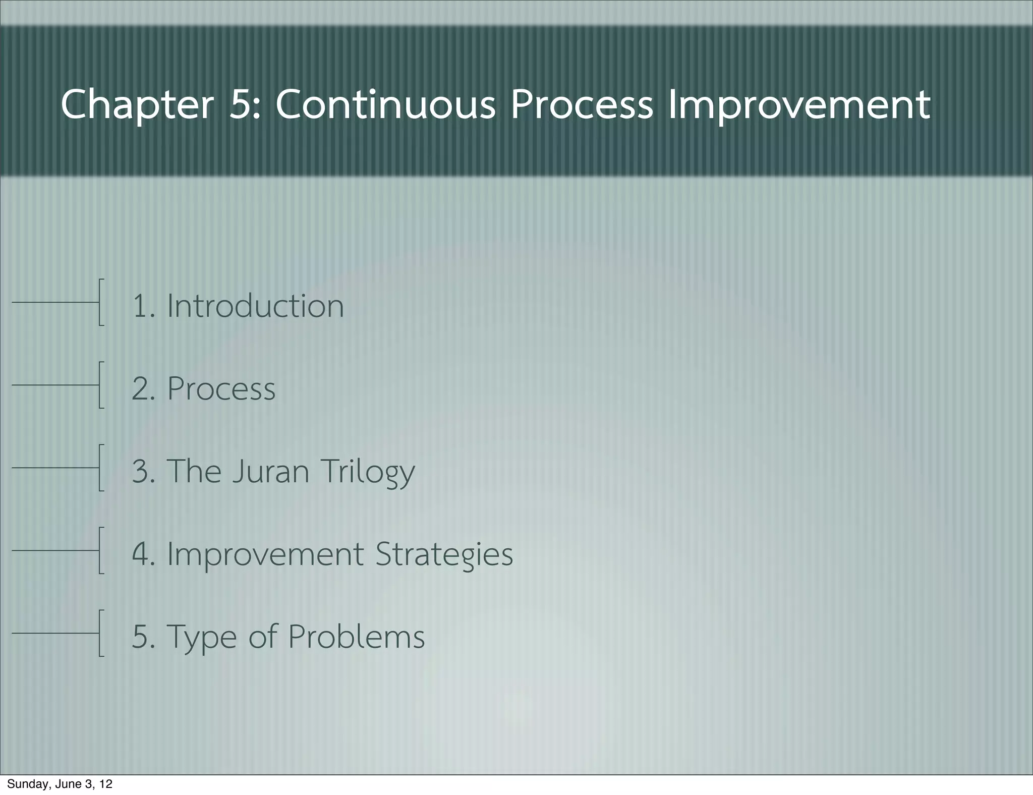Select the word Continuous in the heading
(385, 105)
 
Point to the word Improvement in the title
(799, 105)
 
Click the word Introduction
(255, 306)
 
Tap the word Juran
(270, 471)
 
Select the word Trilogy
(368, 472)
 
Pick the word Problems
(356, 637)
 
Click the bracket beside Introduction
(101, 302)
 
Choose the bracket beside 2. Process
(101, 384)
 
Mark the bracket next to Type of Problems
(101, 633)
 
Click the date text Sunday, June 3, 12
(60, 784)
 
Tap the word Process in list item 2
(221, 389)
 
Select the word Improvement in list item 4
(265, 554)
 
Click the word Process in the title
(581, 105)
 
